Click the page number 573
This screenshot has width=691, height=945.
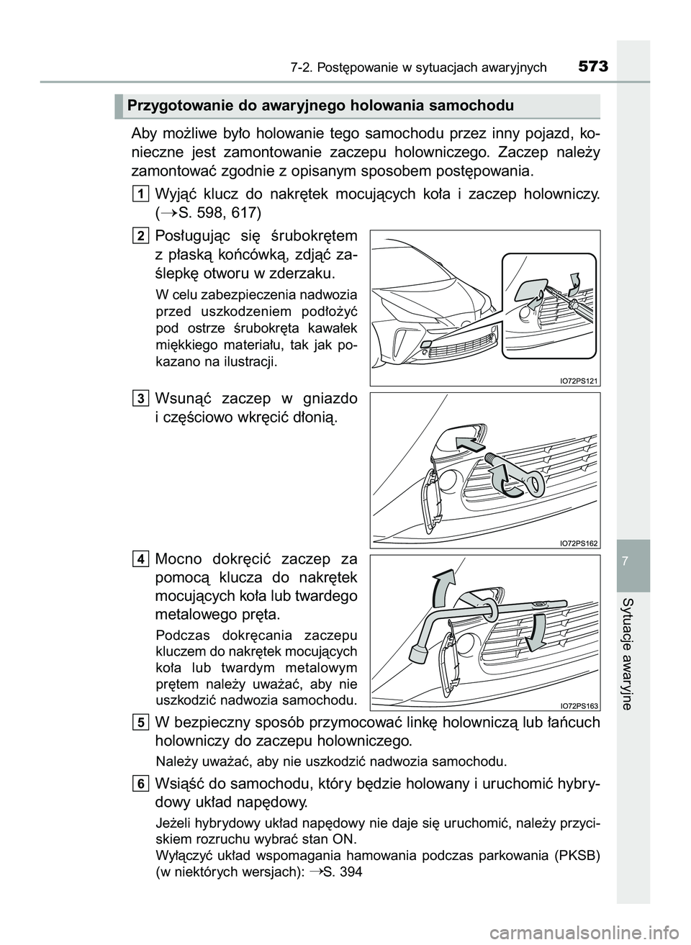[592, 68]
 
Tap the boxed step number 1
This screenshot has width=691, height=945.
[141, 192]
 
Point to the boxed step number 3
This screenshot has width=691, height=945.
[141, 397]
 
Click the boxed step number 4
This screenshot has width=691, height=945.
[141, 559]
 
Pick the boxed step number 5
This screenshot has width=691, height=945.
[141, 722]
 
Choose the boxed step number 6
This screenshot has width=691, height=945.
[141, 784]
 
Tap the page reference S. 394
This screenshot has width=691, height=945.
[343, 871]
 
